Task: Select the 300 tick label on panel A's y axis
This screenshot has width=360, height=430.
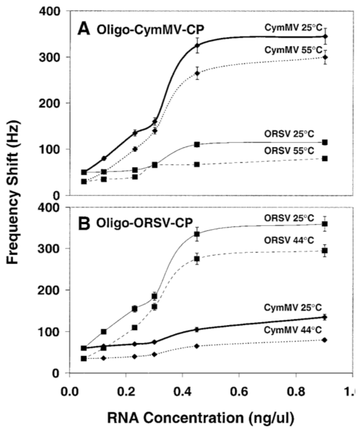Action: coord(54,57)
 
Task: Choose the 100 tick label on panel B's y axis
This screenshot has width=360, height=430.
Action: coord(54,332)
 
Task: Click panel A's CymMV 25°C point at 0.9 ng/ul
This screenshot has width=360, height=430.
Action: coord(325,37)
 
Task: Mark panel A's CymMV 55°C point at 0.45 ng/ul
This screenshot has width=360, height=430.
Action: coord(197,73)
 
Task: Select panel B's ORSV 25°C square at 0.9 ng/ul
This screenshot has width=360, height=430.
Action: coord(325,224)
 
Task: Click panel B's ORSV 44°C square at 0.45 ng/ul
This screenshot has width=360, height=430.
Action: coord(197,259)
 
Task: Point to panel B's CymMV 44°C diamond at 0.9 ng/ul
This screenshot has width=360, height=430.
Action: coord(325,340)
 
